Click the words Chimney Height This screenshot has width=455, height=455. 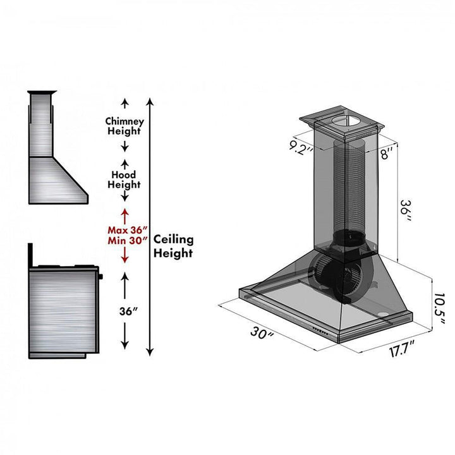coord(124,126)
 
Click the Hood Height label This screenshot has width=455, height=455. coord(124,179)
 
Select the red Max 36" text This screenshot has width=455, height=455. coord(127,229)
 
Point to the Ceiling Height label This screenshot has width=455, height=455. coord(173,246)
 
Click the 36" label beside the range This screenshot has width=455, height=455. coord(124,310)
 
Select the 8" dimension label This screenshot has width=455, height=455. coord(386,152)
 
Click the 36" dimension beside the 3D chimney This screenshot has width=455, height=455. coord(408,210)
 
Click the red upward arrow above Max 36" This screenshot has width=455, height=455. coord(124,214)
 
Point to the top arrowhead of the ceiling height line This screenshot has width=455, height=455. coord(150,101)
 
